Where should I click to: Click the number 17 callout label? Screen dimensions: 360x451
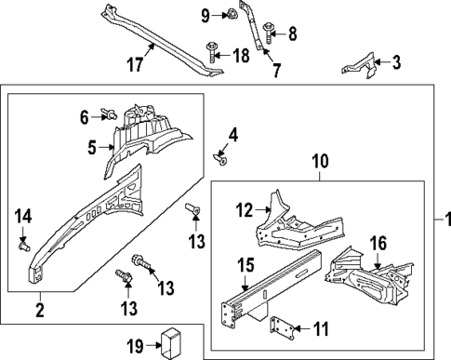136,65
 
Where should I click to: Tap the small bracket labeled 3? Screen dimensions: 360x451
358,67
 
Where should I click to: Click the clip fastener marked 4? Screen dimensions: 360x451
221,154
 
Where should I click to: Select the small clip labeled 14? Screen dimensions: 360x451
24,247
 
